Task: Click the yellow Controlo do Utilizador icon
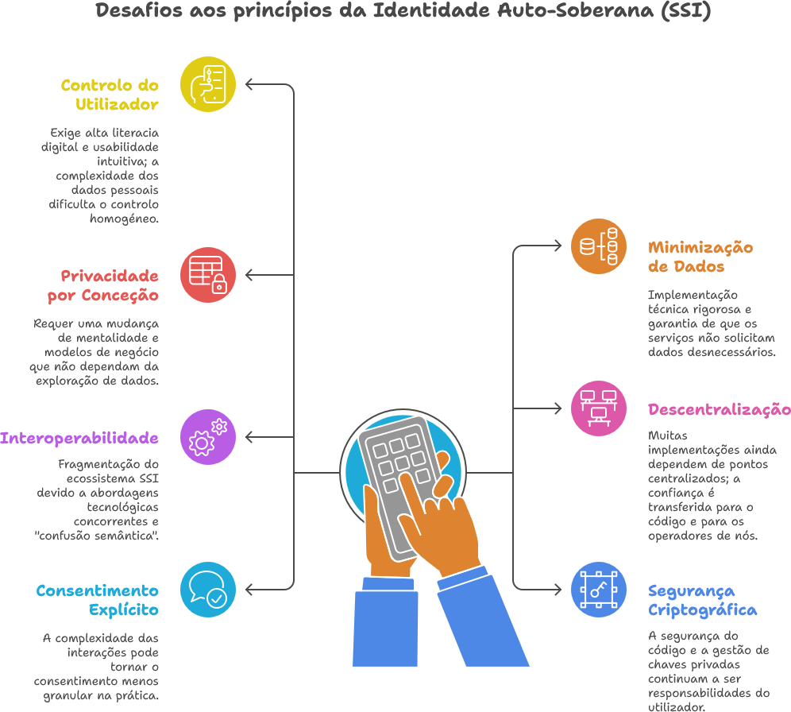click(208, 84)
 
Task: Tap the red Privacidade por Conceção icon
click(208, 275)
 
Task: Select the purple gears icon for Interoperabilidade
click(208, 437)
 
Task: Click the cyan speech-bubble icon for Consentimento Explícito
click(208, 590)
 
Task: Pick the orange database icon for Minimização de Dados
click(599, 246)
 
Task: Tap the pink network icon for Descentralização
click(599, 408)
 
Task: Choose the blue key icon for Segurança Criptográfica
click(599, 590)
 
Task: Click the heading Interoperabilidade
click(79, 438)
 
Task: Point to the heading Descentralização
click(719, 410)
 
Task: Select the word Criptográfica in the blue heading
click(702, 610)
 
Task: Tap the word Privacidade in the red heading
click(110, 276)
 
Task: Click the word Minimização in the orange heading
click(700, 247)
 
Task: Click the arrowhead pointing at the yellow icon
click(249, 84)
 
